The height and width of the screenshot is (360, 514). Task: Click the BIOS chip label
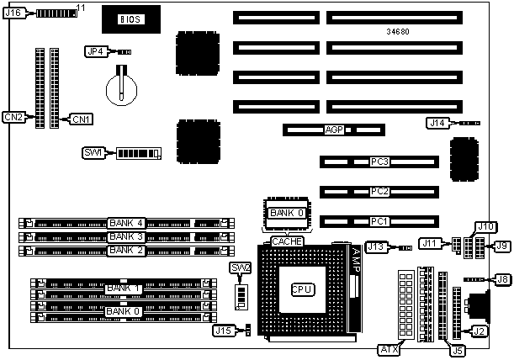(x=130, y=18)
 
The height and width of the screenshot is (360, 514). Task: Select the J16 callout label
(x=14, y=13)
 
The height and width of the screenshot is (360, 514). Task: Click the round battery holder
(x=123, y=84)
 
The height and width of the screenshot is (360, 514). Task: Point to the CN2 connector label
(x=13, y=117)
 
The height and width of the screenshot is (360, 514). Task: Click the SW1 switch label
(x=93, y=153)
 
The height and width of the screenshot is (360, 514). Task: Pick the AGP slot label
(x=335, y=130)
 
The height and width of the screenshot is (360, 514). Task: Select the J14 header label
(x=437, y=123)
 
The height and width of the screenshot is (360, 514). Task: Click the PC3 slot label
(x=379, y=161)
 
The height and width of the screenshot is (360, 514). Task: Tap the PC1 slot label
(x=379, y=221)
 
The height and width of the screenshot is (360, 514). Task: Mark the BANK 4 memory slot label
(x=125, y=223)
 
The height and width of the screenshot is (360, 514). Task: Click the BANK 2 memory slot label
(x=125, y=250)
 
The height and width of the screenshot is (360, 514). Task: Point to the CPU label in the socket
(x=302, y=289)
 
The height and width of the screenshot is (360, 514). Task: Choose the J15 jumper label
(x=223, y=331)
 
